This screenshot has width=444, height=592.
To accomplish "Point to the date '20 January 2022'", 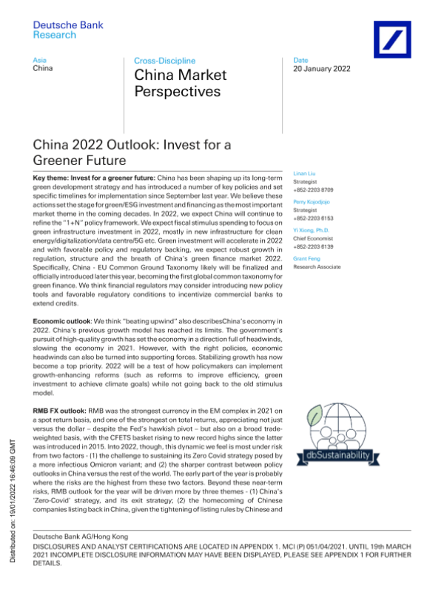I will click(322, 69).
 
